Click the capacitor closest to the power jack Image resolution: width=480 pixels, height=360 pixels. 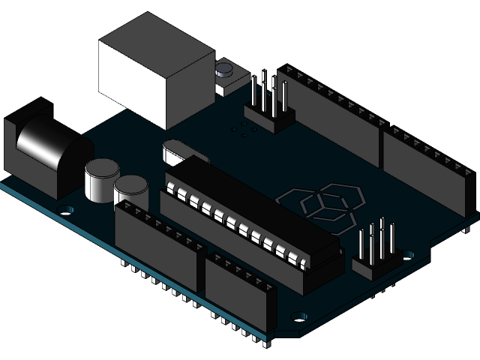point(100,179)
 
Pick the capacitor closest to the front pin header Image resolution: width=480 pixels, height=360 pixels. point(130,188)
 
